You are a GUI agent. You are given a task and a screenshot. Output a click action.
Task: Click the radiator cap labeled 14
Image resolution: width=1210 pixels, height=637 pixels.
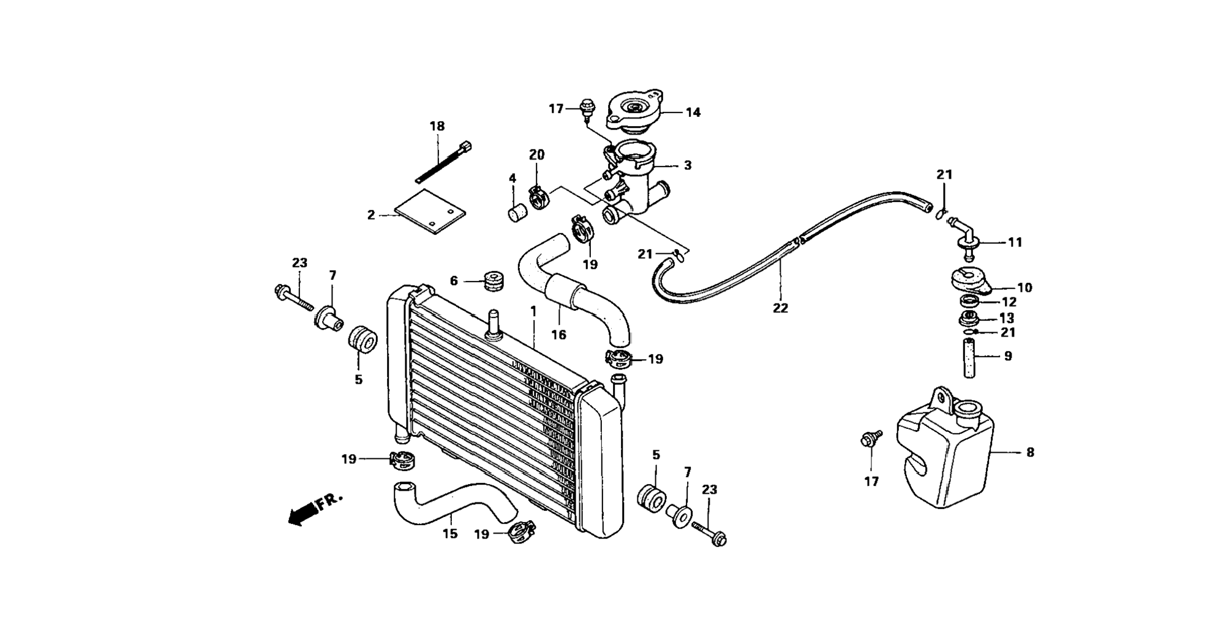click(634, 111)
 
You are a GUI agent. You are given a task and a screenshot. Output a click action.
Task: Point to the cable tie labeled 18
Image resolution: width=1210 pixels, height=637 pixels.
click(442, 162)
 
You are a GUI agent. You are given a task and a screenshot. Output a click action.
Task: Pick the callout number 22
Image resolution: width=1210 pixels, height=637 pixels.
click(780, 308)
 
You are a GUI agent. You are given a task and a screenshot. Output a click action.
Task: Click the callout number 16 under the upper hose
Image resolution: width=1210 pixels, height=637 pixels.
click(558, 335)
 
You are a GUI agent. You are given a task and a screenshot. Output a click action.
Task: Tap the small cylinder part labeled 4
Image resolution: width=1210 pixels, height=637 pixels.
click(518, 214)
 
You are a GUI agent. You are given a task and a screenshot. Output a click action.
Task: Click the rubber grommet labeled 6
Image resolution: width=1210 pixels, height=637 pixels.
click(493, 281)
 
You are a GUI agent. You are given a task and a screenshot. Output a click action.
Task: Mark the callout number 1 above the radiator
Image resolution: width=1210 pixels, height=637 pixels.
click(533, 311)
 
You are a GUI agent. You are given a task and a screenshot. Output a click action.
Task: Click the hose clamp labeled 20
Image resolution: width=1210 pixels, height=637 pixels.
click(539, 198)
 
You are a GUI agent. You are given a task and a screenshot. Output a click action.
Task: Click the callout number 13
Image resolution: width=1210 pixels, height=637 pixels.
click(1007, 318)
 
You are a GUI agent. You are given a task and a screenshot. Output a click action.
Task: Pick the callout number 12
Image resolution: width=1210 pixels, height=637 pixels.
click(1008, 302)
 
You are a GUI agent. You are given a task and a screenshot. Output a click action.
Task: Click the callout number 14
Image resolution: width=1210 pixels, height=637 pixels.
click(693, 113)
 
